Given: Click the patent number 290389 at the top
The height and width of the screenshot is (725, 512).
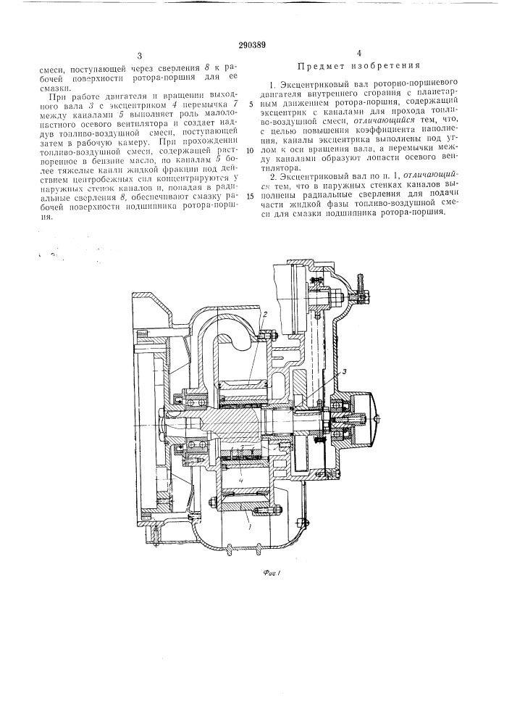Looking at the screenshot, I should pos(256,44).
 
